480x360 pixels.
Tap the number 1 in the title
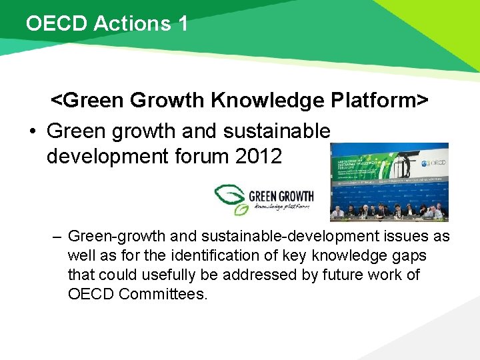pos(183,24)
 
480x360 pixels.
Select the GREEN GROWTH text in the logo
pos(280,197)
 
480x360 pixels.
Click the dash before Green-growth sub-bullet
pos(58,237)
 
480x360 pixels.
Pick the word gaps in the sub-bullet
pos(409,256)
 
